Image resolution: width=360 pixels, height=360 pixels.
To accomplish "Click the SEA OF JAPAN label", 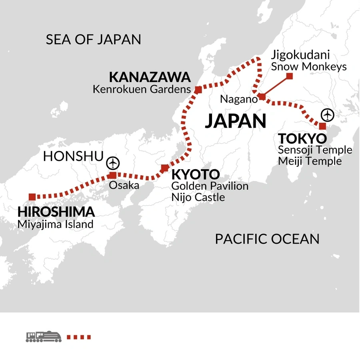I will coord(93,40).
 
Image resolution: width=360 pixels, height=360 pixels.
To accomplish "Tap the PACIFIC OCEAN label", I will coord(267,239).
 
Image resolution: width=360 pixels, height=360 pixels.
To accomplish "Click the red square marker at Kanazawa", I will coord(198,90).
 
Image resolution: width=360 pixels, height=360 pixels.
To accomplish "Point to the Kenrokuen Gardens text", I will coord(142,89).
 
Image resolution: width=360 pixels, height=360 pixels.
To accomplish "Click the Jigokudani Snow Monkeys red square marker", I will coord(290,76).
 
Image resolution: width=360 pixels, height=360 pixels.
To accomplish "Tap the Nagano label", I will coord(239,100).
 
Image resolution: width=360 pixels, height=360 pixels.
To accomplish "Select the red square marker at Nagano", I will coord(262,96).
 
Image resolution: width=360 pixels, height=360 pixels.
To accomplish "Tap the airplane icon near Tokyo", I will coord(328,115).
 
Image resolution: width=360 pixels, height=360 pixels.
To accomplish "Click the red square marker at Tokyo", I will coord(322,126).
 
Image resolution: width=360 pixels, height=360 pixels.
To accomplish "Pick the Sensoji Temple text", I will coord(315,150).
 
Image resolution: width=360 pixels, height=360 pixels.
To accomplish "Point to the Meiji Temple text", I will coord(310,161).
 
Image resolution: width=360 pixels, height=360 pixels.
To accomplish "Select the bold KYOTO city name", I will coord(195,174).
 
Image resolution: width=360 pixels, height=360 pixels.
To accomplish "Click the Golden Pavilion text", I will coord(210,186).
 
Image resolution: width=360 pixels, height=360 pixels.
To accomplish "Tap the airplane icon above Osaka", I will coord(113,163).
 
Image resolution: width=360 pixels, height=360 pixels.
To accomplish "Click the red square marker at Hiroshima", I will coord(32,196).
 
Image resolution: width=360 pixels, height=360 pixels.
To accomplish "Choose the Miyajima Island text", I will coord(55,224).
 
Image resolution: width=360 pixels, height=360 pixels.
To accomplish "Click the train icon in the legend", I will coord(44,336).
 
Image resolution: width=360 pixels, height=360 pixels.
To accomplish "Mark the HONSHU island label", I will coord(73,156).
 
